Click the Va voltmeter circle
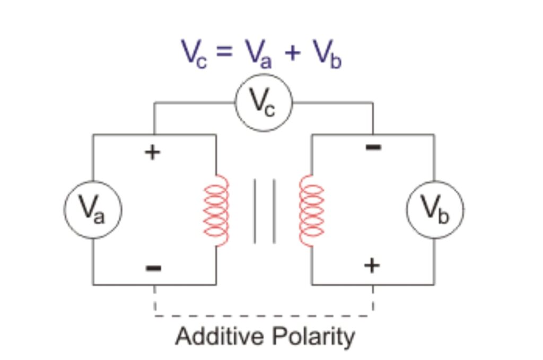[x=93, y=209]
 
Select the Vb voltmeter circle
[x=435, y=209]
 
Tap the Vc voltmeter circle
[x=264, y=103]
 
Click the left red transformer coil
[x=216, y=210]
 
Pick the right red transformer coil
[x=311, y=210]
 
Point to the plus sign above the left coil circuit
[x=153, y=153]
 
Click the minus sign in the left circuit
[x=153, y=268]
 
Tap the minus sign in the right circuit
[x=373, y=147]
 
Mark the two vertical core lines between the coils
[x=265, y=210]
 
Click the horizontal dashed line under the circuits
[x=264, y=317]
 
